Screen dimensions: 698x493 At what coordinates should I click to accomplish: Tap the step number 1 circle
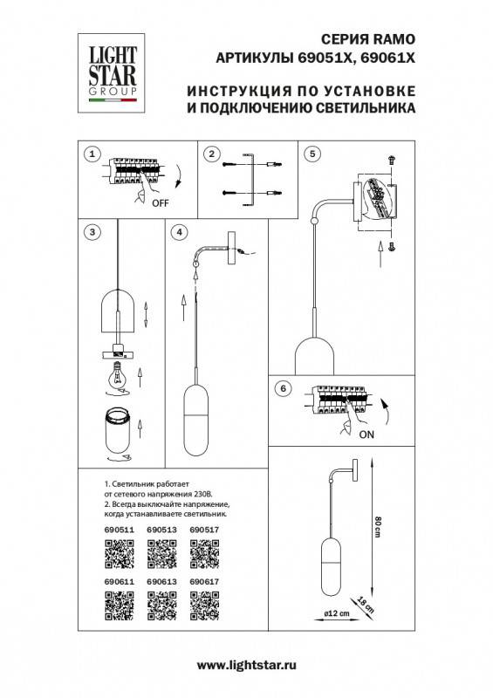(90, 154)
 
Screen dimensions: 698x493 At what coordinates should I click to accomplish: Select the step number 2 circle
(210, 154)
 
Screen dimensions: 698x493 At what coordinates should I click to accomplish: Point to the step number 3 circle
(90, 232)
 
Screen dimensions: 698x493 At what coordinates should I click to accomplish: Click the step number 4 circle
(179, 232)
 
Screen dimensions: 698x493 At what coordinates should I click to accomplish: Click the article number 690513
(161, 529)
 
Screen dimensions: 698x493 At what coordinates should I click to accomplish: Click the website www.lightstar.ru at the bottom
(246, 665)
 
